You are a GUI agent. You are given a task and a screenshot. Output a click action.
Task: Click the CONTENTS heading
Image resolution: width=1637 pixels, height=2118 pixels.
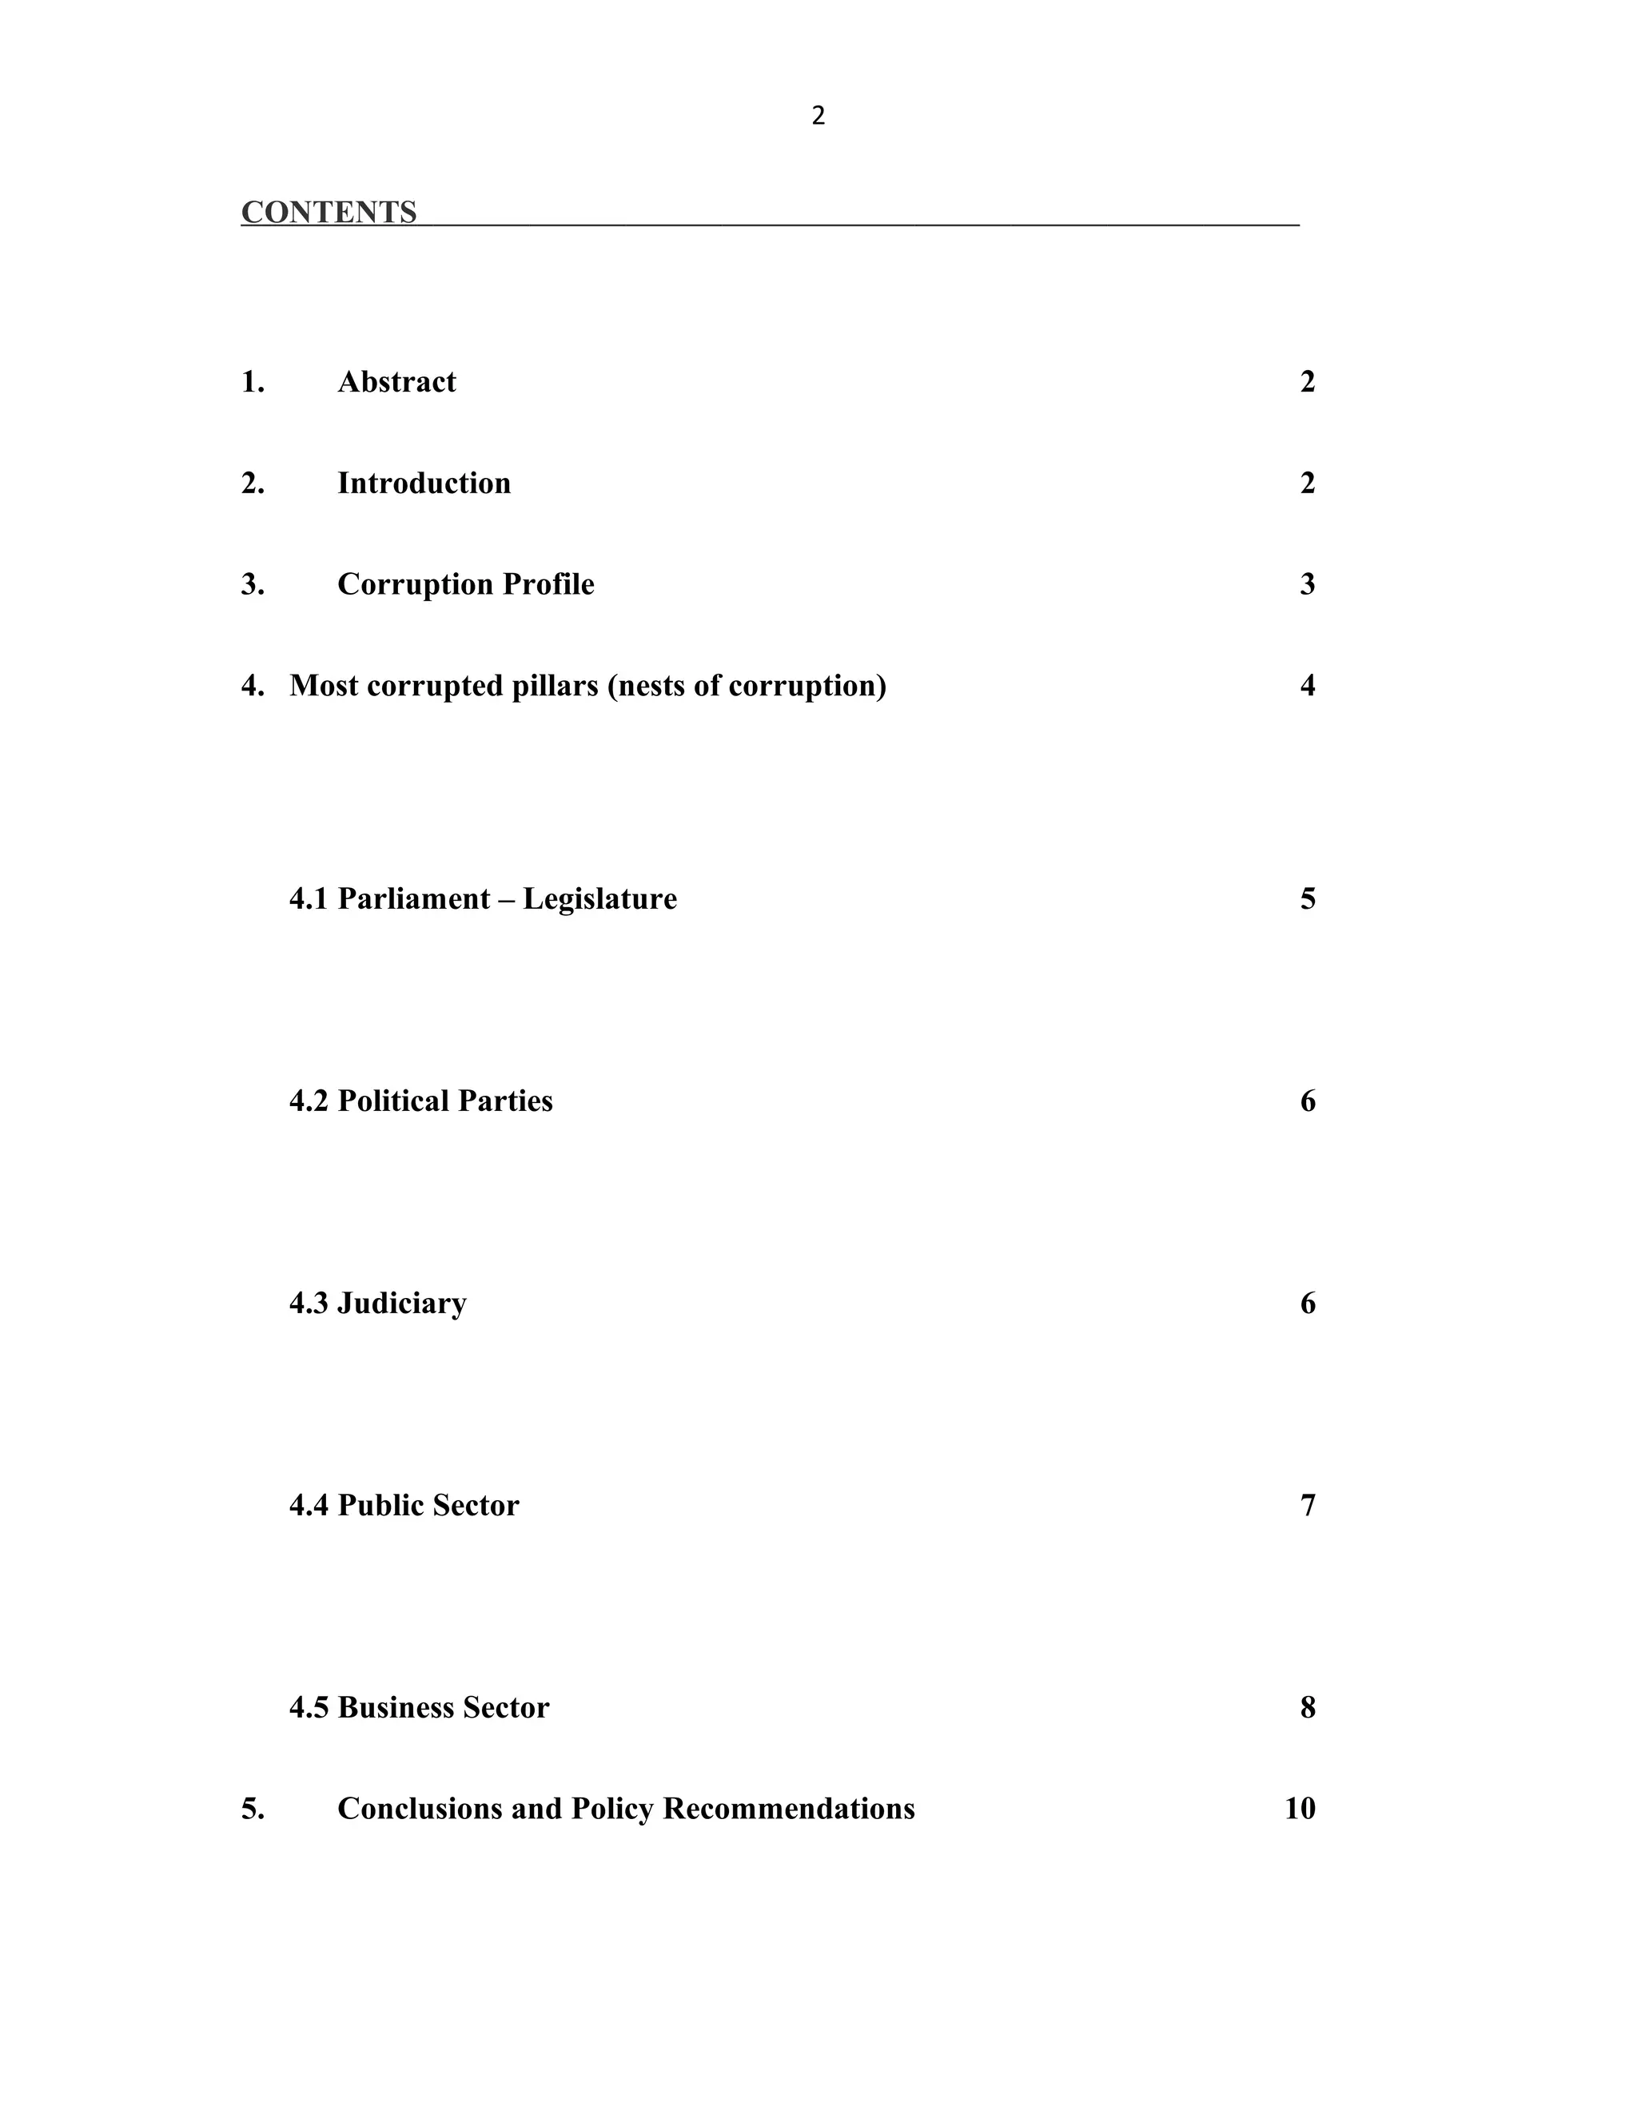329,213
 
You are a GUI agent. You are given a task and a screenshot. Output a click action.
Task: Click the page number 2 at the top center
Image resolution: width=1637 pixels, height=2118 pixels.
818,117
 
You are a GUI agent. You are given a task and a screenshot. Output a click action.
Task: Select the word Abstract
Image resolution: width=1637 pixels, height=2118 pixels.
396,382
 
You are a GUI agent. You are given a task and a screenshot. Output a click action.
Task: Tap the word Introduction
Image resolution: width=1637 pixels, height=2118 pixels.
424,483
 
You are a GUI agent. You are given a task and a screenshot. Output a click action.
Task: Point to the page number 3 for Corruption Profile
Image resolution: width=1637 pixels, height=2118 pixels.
1307,583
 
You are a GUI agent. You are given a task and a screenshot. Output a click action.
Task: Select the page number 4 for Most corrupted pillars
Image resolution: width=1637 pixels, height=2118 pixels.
1307,686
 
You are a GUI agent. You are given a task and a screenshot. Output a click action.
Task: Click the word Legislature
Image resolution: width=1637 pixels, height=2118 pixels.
599,899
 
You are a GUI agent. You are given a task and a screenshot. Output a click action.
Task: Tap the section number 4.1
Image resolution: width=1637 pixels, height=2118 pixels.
309,899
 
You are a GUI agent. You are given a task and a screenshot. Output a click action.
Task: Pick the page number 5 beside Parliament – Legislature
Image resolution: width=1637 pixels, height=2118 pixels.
1307,899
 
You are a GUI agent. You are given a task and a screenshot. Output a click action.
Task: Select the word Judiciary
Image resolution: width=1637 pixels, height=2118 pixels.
401,1304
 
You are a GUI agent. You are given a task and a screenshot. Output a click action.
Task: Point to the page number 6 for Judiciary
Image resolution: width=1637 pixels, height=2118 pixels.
1307,1304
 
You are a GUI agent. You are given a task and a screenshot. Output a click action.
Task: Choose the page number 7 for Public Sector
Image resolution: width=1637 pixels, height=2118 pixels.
1307,1505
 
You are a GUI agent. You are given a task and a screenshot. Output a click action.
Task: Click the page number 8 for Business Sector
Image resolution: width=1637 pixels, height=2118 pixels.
1307,1707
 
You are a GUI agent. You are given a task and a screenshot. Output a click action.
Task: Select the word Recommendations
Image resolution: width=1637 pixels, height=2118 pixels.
788,1809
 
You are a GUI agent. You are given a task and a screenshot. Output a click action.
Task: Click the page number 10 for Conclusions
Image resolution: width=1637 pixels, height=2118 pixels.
1300,1809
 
